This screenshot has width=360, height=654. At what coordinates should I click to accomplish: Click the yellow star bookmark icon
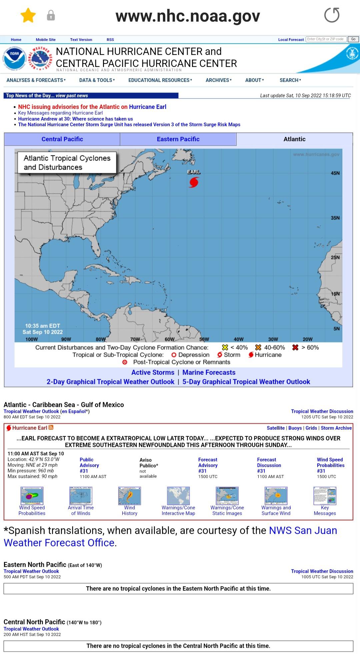point(28,15)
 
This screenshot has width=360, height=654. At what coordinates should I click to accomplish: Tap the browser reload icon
point(332,15)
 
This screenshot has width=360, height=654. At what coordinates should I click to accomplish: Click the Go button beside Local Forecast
point(353,39)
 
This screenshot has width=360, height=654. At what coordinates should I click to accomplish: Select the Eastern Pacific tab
point(178,139)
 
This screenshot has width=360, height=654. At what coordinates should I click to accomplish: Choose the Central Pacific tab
point(62,139)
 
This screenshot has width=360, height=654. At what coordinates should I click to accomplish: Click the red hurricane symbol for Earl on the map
point(194,182)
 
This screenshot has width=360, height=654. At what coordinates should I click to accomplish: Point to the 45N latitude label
point(335,173)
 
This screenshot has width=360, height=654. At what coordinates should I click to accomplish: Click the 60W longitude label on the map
point(169,339)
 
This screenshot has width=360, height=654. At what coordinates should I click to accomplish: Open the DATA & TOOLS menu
point(97,80)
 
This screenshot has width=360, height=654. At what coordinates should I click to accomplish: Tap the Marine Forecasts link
point(209,372)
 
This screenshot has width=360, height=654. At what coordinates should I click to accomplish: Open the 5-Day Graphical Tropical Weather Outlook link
point(246,382)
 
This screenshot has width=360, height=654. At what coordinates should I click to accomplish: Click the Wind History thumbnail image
point(129,495)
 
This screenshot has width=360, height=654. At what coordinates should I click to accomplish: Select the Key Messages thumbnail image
point(325,495)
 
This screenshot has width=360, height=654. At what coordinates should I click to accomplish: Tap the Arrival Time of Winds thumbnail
point(81,495)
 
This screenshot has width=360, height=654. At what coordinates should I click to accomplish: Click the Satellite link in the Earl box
point(276,428)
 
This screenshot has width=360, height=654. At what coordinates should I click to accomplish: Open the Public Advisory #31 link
point(89,465)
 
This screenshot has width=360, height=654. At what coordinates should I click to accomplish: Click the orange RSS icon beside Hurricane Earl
point(51,428)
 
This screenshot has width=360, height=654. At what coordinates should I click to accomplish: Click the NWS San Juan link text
point(303,530)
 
